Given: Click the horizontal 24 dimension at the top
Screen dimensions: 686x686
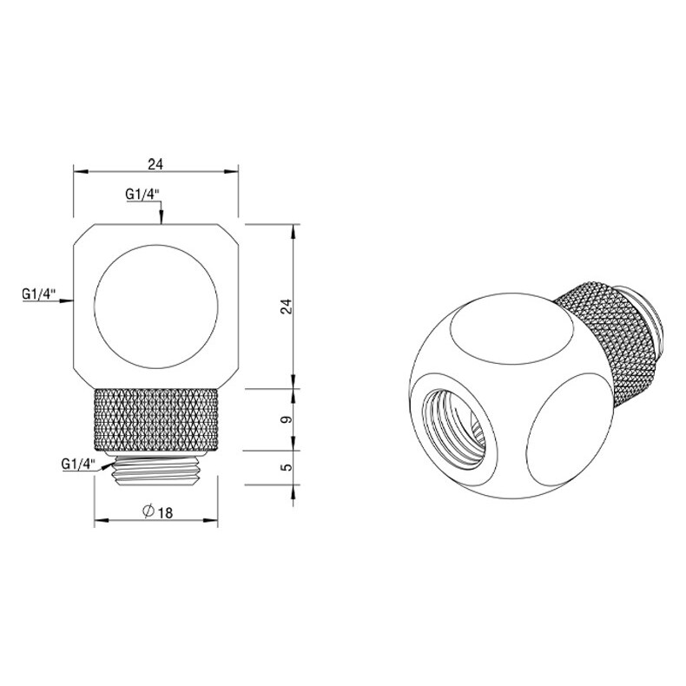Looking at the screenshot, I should coord(156,163).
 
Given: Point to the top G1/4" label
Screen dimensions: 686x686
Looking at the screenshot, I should coord(142,195).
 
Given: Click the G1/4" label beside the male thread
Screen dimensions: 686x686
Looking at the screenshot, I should coord(81,463).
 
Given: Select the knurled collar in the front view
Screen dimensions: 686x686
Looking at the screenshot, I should coord(156,419).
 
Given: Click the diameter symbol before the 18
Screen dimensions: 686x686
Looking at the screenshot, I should coord(148,512).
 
